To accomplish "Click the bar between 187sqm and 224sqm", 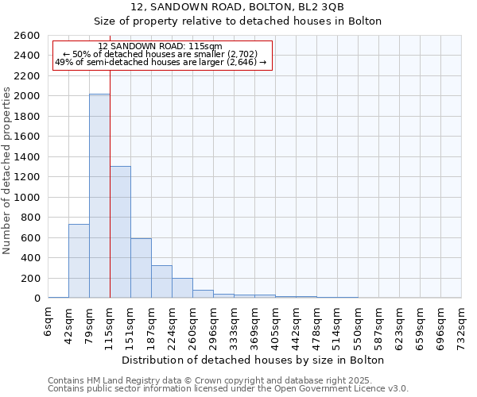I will pyautogui.click(x=161, y=281).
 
